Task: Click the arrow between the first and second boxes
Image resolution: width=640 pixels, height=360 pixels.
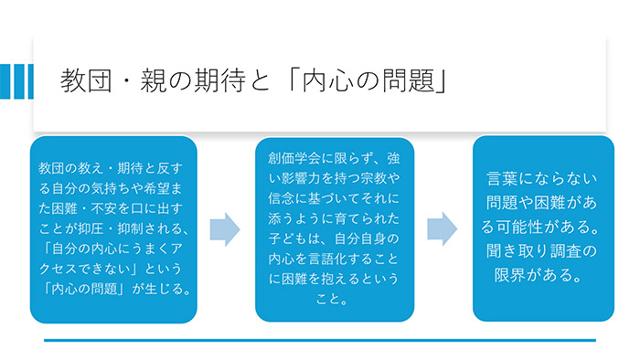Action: [x=225, y=229]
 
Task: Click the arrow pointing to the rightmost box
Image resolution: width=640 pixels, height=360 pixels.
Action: [x=443, y=228]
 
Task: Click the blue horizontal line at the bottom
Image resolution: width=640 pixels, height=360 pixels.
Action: [x=319, y=341]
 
